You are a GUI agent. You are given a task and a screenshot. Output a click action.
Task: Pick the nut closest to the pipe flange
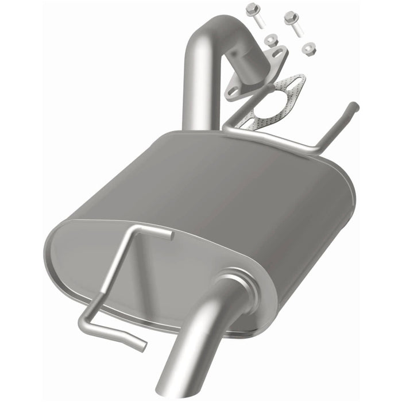tap(272, 41)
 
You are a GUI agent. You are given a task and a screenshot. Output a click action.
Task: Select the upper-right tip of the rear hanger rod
tap(355, 106)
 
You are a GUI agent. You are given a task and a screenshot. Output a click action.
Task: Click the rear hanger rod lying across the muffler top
tap(270, 137)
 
